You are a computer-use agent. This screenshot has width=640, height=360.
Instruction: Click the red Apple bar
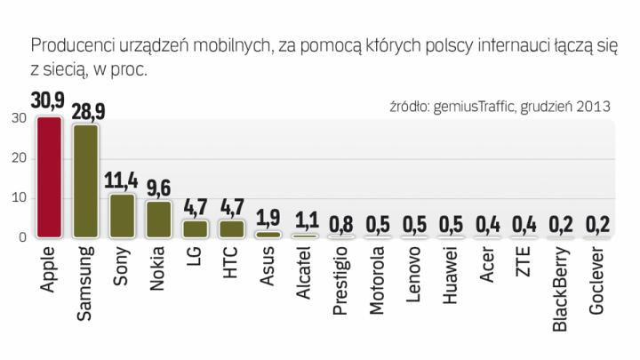pos(49,178)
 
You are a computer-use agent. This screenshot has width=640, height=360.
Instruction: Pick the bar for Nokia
pos(158,219)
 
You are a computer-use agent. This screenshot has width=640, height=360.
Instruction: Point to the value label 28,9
pos(86,113)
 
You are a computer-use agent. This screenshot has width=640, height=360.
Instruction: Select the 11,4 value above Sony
pos(122,182)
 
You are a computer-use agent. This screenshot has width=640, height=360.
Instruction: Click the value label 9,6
pos(158,189)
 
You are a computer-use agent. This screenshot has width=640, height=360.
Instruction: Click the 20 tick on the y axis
pos(19,158)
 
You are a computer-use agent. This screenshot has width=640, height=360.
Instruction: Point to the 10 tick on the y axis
pos(19,198)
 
